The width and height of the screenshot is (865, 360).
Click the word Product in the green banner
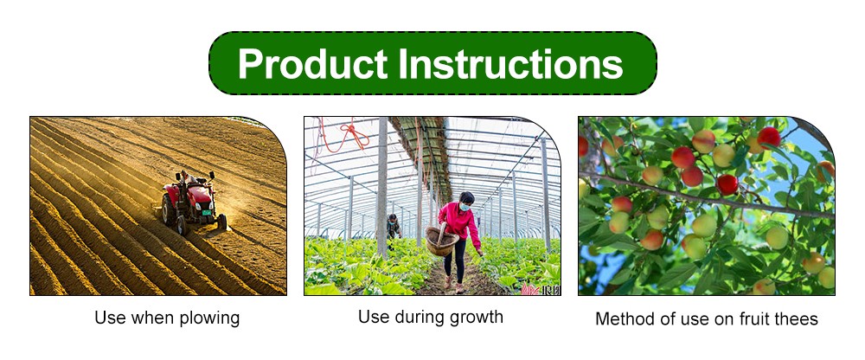click(x=312, y=64)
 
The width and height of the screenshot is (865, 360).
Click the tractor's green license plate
click(x=207, y=213)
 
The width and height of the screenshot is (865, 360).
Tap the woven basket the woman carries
click(x=441, y=241)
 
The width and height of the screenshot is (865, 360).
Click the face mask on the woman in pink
click(x=464, y=207)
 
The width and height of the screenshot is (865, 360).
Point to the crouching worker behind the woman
click(x=394, y=227)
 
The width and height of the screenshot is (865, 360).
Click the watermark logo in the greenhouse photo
click(x=540, y=290)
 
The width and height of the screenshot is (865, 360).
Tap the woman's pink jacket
click(x=459, y=222)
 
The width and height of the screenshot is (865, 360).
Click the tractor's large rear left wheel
click(x=170, y=209)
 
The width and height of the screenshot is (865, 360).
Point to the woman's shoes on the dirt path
click(x=452, y=286)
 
